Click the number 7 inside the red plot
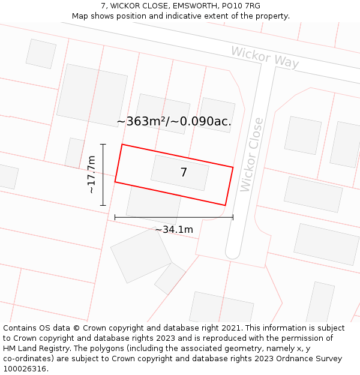pyautogui.click(x=184, y=173)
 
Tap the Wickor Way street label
pyautogui.click(x=265, y=57)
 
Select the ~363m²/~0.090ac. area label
pyautogui.click(x=174, y=121)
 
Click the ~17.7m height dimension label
pyautogui.click(x=91, y=174)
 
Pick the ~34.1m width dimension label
pyautogui.click(x=174, y=229)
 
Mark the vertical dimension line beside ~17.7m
pyautogui.click(x=103, y=174)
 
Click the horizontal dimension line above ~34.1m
pyautogui.click(x=174, y=217)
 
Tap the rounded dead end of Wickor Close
pyautogui.click(x=233, y=253)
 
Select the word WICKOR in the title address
pyautogui.click(x=125, y=6)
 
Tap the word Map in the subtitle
pyautogui.click(x=80, y=16)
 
